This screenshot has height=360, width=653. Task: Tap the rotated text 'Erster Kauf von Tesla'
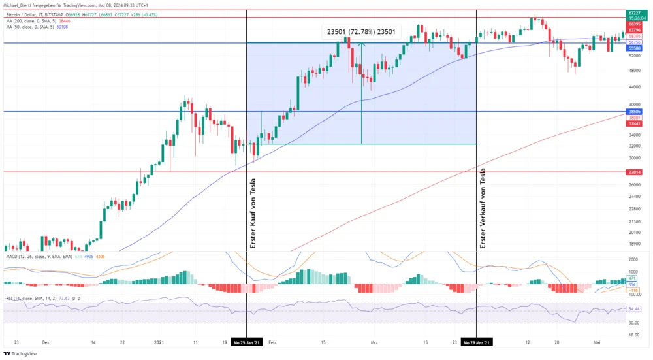pos(253,213)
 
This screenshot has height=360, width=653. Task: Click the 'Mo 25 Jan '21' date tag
pos(247,342)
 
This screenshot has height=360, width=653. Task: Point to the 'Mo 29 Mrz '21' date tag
pos(477,342)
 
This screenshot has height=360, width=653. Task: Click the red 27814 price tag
pos(633,172)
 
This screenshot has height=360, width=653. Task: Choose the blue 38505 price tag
pos(633,112)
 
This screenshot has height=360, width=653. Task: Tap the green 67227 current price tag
pos(633,12)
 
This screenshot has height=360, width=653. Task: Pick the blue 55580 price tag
pos(633,48)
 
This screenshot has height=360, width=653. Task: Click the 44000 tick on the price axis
pos(633,86)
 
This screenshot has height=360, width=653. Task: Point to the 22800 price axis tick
pos(633,208)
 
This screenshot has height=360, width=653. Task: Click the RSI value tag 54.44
pos(633,308)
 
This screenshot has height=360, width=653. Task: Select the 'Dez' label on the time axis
pos(45,342)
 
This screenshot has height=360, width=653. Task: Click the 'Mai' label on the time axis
pos(597,342)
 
